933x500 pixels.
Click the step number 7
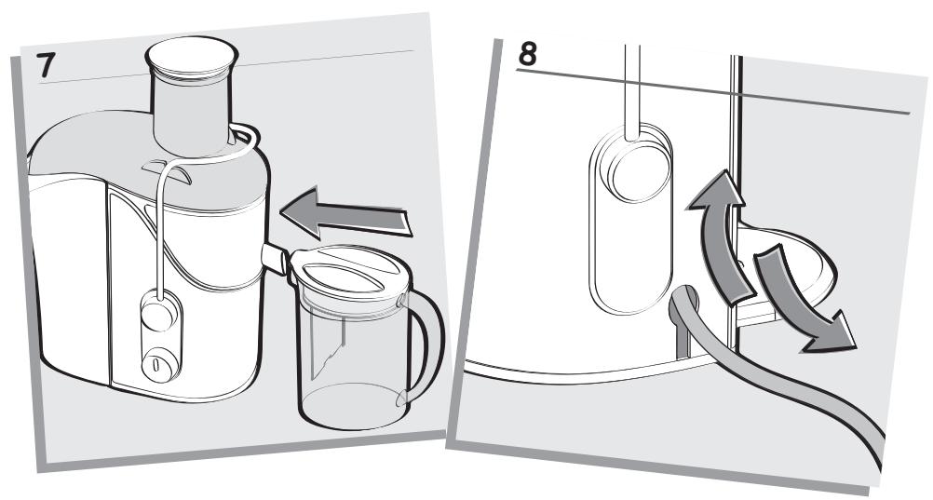pos(46,66)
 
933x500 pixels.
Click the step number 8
pos(528,54)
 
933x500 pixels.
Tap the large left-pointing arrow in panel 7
pos(345,213)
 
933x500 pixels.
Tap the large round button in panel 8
pos(635,171)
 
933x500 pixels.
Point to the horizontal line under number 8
pos(712,91)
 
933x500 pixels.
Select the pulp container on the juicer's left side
pos(68,268)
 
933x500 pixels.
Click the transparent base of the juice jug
pos(352,411)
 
